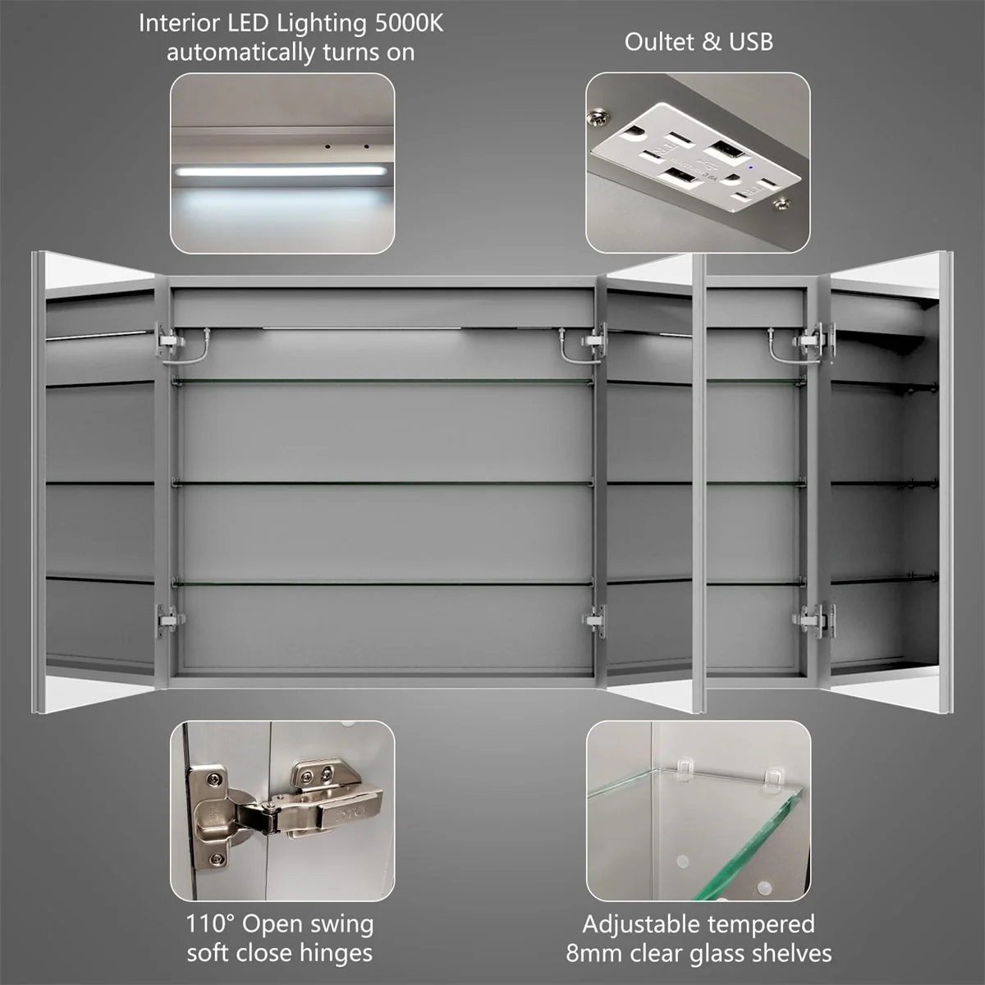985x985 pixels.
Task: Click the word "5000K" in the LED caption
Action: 409,23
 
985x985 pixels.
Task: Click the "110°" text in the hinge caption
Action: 210,924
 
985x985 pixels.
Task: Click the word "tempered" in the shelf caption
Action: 761,924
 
